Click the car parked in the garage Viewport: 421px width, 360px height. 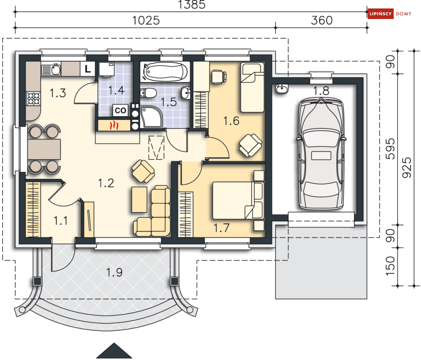point(321,154)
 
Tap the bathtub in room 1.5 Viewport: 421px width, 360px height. point(165,71)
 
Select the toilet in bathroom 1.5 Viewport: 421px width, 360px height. point(149,93)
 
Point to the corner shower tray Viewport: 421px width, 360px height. point(151,116)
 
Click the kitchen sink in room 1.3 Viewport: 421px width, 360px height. point(51,69)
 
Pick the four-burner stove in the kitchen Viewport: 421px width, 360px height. point(33,98)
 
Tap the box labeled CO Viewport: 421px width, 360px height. point(120,110)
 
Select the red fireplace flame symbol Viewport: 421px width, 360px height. point(115,125)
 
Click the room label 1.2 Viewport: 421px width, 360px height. point(106,183)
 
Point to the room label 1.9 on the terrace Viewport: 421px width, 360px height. point(114,272)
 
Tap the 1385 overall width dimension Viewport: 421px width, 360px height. point(192,5)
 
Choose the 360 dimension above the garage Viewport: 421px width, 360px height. point(322,20)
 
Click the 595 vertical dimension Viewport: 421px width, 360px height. point(391,149)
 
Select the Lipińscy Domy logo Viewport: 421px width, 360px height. point(390,14)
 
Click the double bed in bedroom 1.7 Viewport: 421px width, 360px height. point(238,200)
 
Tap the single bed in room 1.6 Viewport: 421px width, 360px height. point(252,87)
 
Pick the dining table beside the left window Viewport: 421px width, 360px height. point(44,149)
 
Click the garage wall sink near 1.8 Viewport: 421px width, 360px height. point(282,88)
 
